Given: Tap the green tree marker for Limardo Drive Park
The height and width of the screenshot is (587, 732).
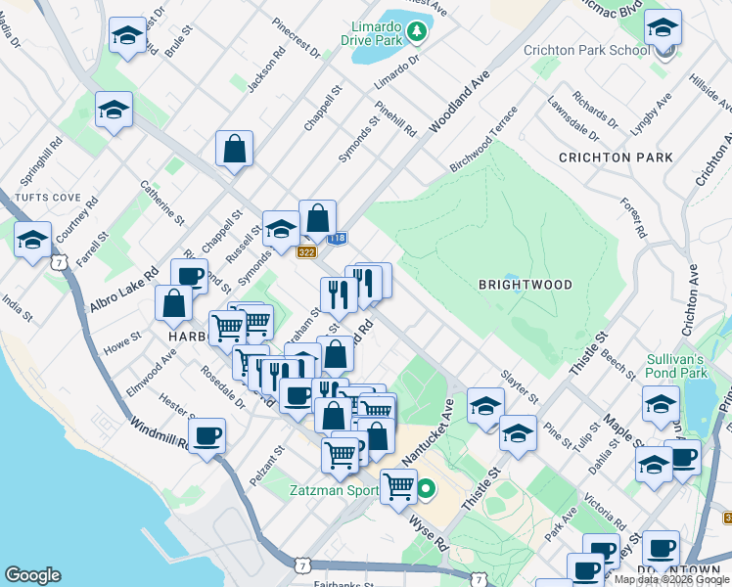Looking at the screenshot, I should pyautogui.click(x=418, y=32).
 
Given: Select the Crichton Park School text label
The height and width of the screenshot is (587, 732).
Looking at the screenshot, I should pyautogui.click(x=586, y=51).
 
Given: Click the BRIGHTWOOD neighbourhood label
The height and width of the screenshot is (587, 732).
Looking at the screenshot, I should pyautogui.click(x=525, y=285).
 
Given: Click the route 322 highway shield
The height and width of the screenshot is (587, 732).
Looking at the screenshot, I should pyautogui.click(x=306, y=251).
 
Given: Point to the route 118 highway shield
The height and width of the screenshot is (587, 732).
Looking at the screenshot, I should pyautogui.click(x=338, y=238).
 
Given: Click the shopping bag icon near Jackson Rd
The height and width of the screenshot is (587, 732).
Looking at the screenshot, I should pyautogui.click(x=235, y=150).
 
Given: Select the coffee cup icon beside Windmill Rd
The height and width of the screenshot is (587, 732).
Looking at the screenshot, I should pyautogui.click(x=206, y=436).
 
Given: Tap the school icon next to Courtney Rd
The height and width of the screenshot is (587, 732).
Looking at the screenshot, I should pyautogui.click(x=32, y=238).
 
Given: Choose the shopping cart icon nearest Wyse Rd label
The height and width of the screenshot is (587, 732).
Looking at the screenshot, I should pyautogui.click(x=398, y=485).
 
